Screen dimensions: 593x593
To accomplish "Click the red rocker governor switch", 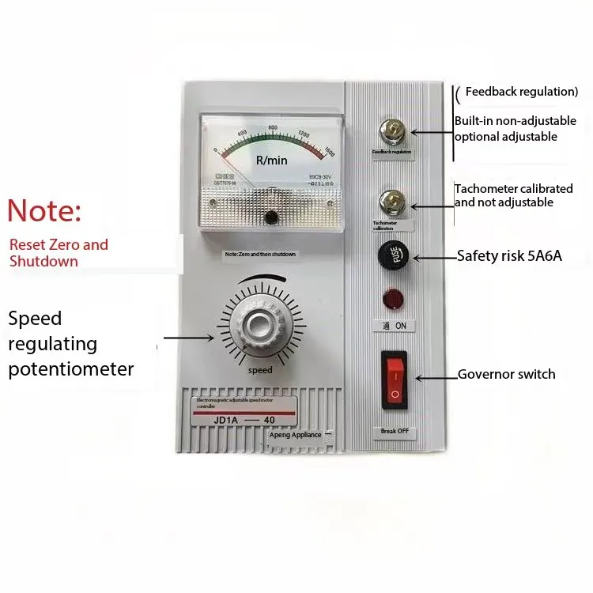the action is tap(394, 380).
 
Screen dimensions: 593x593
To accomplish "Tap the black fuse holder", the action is tap(393, 256).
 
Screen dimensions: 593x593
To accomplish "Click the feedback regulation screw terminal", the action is tap(390, 127).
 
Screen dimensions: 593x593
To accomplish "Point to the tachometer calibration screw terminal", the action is tap(390, 201).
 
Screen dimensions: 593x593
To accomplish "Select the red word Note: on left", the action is tap(44, 211).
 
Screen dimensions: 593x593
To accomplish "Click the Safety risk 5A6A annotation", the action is tap(509, 255).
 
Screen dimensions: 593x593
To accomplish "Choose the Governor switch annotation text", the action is tap(506, 374).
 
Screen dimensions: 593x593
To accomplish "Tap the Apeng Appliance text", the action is tap(294, 435).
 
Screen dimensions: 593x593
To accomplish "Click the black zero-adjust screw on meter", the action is tap(271, 217).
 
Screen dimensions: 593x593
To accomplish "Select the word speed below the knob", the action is tap(259, 370).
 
